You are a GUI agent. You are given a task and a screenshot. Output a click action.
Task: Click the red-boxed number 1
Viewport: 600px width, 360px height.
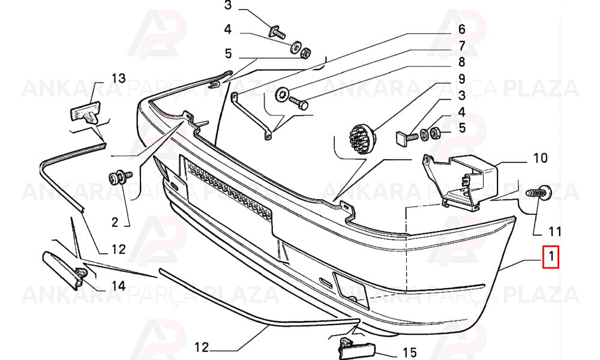click(551, 257)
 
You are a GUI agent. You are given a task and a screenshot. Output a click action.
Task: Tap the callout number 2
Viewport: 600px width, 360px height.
click(115, 222)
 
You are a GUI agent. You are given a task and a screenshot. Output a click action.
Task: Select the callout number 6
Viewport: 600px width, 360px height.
click(461, 29)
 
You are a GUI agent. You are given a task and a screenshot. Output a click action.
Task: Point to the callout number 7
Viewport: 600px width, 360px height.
click(462, 46)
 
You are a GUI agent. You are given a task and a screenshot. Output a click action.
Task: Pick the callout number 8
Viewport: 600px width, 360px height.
click(462, 62)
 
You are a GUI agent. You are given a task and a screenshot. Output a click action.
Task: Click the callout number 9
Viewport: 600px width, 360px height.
click(462, 79)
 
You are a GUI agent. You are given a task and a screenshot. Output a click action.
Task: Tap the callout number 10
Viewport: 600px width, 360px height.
click(541, 158)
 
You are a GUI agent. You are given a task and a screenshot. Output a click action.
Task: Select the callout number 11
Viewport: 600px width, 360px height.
click(554, 232)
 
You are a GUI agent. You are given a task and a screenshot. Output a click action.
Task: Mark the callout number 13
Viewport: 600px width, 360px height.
click(119, 79)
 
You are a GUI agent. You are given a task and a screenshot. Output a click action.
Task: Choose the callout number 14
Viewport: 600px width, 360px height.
click(119, 286)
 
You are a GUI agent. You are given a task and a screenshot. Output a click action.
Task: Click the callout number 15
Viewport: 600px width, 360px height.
click(409, 352)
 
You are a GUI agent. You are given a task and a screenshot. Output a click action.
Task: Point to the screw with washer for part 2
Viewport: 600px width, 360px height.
click(120, 178)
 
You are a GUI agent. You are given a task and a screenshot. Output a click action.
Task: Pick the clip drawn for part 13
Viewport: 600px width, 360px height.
click(85, 112)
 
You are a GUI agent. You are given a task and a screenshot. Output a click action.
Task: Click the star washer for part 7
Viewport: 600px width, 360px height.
click(282, 94)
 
